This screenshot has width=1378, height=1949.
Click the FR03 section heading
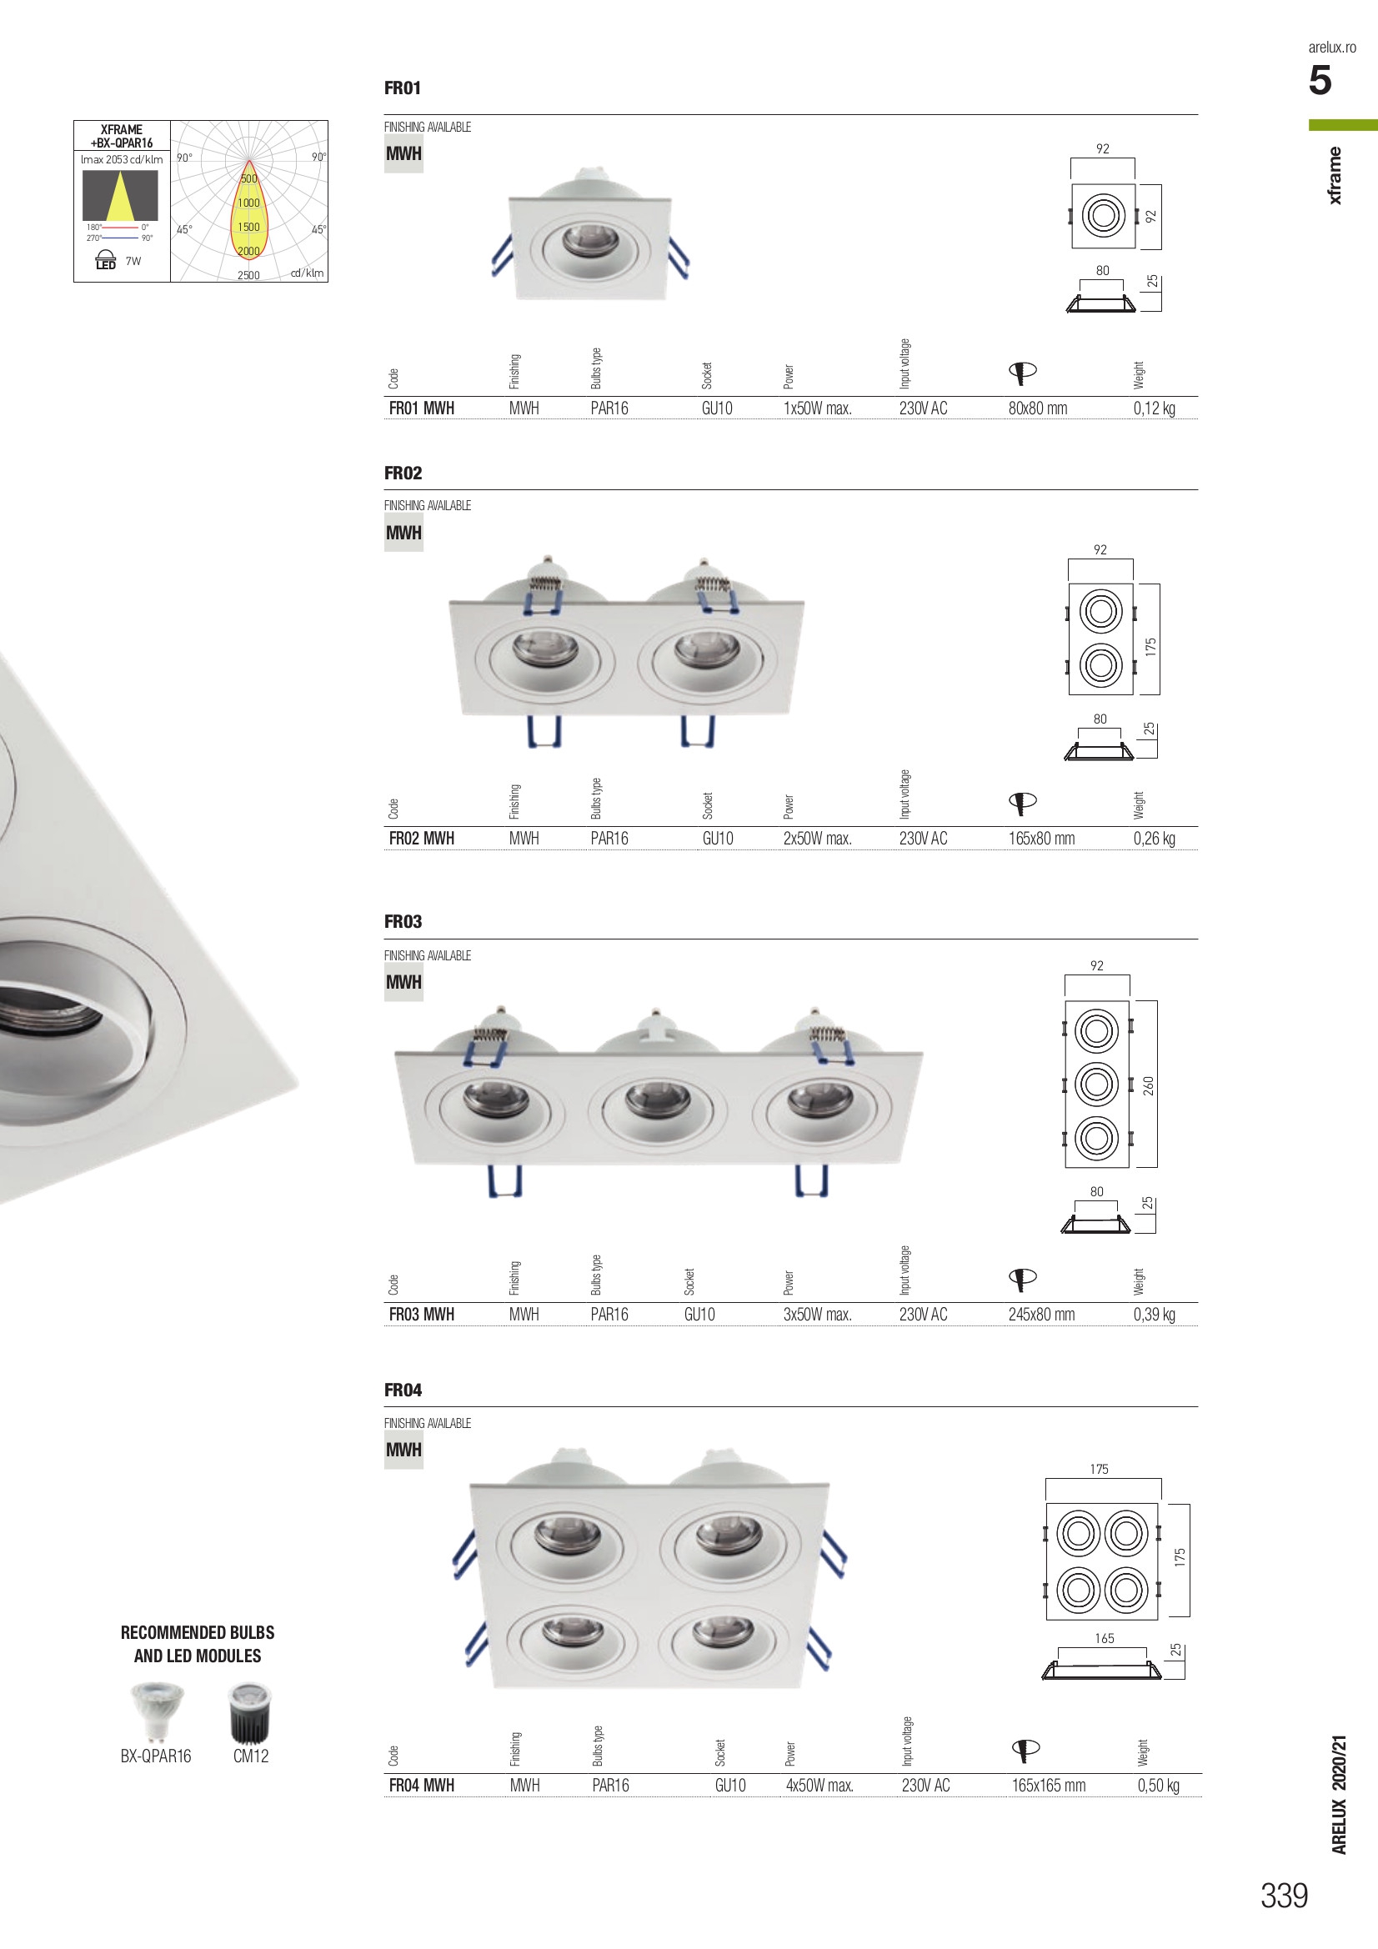pyautogui.click(x=403, y=921)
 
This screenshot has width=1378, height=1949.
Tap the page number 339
pyautogui.click(x=1284, y=1895)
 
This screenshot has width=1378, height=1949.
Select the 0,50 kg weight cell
pyautogui.click(x=1158, y=1784)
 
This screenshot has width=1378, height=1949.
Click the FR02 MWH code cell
pyautogui.click(x=421, y=838)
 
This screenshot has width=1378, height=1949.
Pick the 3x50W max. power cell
pyautogui.click(x=817, y=1314)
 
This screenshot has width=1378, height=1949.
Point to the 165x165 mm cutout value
pyautogui.click(x=1048, y=1785)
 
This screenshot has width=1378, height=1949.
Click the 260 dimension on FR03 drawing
pyautogui.click(x=1149, y=1085)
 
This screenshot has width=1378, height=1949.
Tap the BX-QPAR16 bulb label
pyautogui.click(x=155, y=1756)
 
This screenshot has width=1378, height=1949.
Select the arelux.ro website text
pyautogui.click(x=1331, y=48)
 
